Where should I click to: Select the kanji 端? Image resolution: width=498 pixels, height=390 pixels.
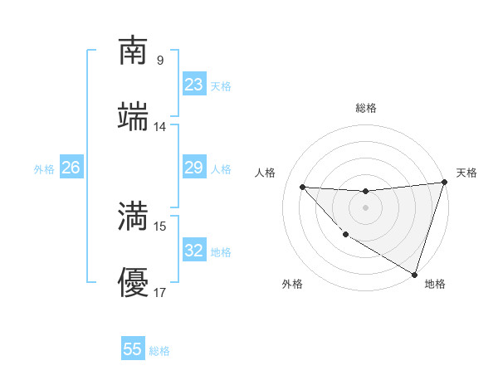coord(133,117)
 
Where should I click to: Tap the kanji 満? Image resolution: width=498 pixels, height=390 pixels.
coord(133,217)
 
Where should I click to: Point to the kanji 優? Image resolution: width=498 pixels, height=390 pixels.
coord(133,284)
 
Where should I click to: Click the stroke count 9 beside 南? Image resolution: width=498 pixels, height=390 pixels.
coord(159,60)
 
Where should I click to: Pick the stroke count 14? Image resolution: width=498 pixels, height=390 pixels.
coord(159,127)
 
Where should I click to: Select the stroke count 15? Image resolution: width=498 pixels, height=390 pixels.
coord(159,227)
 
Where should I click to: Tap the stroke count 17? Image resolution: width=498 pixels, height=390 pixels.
coord(159,293)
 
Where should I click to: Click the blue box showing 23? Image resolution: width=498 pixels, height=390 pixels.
coord(193,85)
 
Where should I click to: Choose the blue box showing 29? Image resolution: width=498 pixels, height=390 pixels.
coord(193,168)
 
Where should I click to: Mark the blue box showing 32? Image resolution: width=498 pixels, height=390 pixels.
coord(193,251)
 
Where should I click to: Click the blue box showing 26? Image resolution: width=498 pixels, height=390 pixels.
coord(71,168)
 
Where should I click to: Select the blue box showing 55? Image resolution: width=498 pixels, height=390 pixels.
coord(133,349)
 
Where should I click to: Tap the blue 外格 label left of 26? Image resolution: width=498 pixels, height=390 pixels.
coord(44,168)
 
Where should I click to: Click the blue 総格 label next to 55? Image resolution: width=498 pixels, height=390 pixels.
coord(159,350)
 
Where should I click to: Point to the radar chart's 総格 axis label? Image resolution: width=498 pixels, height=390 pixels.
coord(365,108)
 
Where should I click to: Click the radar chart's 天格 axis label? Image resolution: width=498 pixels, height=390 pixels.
coord(466,173)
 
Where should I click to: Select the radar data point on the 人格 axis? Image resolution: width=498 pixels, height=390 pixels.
coord(303,187)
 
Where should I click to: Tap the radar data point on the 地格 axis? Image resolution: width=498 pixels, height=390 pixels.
coord(415,274)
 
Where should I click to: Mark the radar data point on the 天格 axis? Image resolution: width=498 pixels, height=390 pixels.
coord(444,183)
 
